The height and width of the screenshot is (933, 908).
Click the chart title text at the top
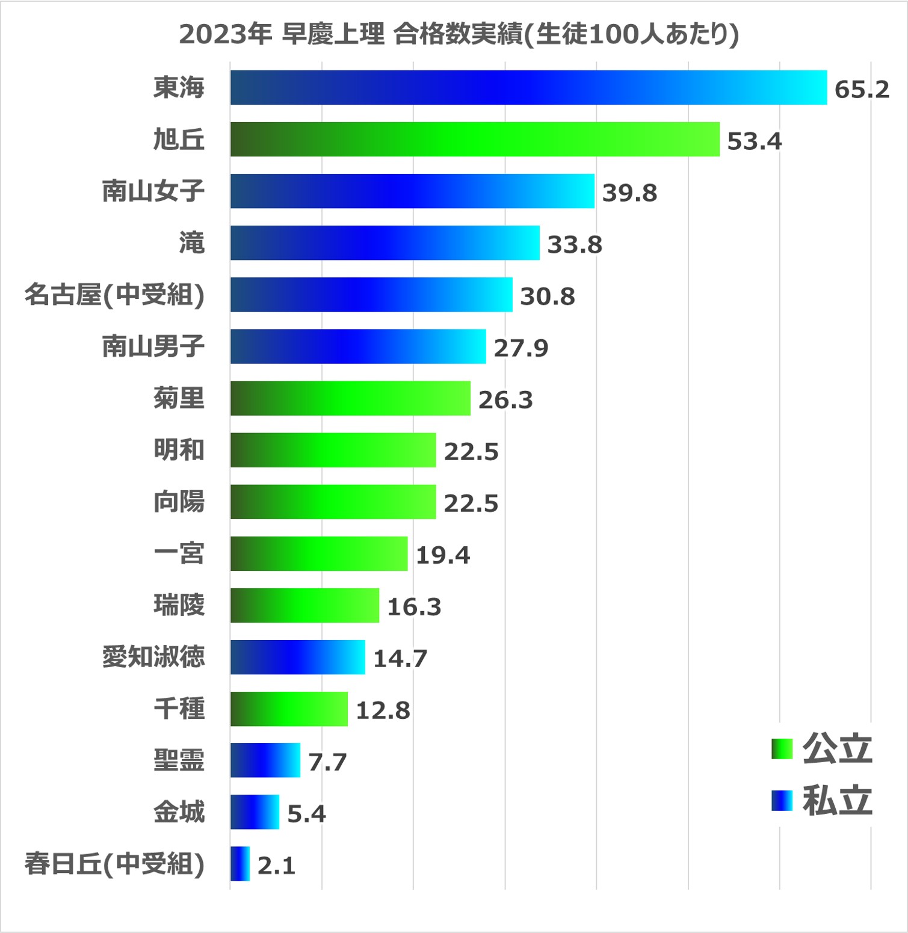coord(459,35)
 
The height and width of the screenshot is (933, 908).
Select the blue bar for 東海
coord(528,88)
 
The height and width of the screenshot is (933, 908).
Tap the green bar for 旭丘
coord(475,140)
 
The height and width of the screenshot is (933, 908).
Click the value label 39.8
coord(629,193)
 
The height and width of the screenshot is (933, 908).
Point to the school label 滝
coord(192,243)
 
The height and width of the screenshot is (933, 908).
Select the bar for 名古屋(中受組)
coord(371,295)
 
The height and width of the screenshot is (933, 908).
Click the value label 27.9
coord(521,348)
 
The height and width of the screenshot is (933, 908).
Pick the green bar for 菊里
coord(350,398)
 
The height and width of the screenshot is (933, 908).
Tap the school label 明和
coord(179,450)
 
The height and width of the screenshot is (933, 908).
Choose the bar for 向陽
coord(333,502)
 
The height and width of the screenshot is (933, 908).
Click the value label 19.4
coord(443,555)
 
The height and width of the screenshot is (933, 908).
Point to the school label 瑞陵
coord(179,605)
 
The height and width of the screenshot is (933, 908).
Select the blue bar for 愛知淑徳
coord(298,657)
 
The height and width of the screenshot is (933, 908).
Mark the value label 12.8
coord(383,710)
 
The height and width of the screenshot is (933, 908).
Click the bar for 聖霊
coord(265,760)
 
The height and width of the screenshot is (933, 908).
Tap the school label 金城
coord(179,812)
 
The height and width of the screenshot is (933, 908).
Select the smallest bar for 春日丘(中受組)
coord(240,864)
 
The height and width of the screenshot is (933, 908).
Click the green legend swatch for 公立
coord(782,749)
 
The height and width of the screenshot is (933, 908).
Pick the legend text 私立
coord(837,801)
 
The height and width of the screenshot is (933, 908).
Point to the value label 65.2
coord(862,90)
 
